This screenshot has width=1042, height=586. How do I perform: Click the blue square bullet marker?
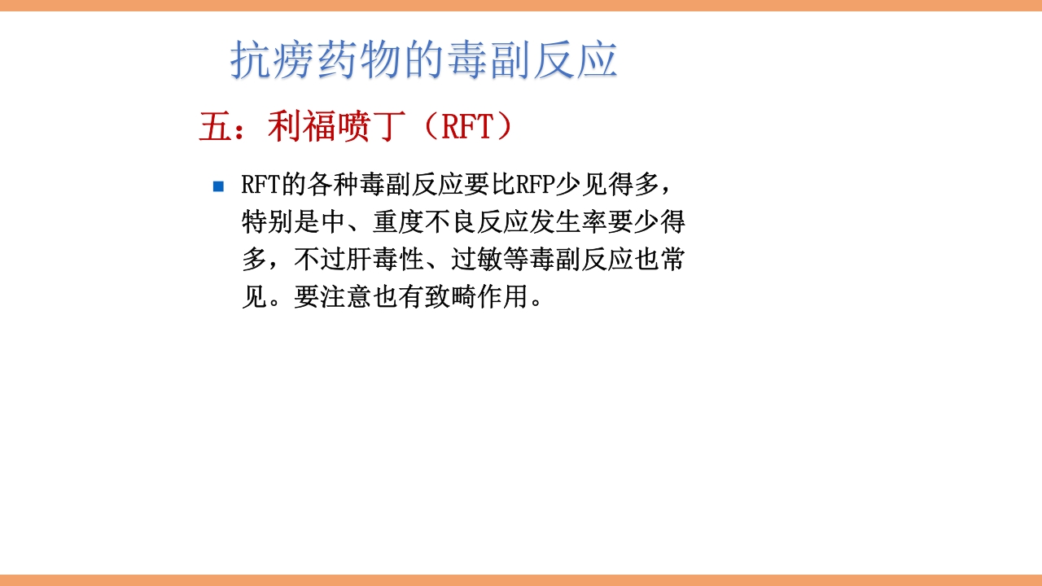coord(218,186)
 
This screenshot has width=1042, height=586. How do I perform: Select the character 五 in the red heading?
coord(216,127)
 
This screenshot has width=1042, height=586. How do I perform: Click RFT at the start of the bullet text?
coord(260,185)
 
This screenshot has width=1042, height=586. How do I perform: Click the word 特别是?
coord(281,222)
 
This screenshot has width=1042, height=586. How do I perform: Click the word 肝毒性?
coord(386,260)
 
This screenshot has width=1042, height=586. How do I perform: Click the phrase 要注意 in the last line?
coord(333,297)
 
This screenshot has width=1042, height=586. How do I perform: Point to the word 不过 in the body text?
coord(320,260)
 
